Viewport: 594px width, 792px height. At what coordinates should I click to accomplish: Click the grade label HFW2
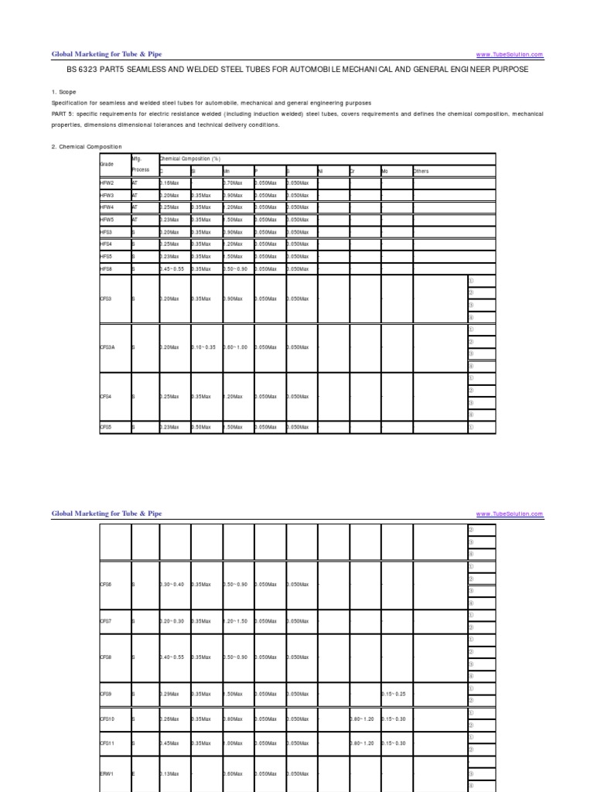pos(107,183)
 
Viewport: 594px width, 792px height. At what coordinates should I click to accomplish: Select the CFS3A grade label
pos(108,347)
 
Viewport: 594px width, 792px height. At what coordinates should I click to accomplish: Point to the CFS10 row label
pos(108,719)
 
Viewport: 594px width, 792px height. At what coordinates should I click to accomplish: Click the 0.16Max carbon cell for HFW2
pos(169,183)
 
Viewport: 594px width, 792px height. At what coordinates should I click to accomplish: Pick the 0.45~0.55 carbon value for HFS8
pos(172,268)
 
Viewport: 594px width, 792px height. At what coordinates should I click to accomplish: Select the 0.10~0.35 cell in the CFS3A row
pos(203,347)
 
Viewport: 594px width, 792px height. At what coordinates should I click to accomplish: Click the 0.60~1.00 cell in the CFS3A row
pos(235,347)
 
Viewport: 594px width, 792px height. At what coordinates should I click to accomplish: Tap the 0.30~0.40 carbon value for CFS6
pos(172,584)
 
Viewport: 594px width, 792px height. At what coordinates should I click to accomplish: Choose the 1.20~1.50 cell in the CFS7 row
pos(235,620)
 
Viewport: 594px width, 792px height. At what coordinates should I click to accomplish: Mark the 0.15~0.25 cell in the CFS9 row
pos(394,693)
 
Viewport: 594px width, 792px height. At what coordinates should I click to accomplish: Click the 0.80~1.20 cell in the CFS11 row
pos(362,742)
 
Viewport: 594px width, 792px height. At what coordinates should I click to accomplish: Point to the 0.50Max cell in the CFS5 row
pos(201,426)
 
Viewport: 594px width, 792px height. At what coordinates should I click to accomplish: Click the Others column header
pos(422,171)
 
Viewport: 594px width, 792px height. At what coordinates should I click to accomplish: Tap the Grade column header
pos(107,165)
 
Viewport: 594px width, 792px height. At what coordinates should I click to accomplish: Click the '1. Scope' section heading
pos(65,91)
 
